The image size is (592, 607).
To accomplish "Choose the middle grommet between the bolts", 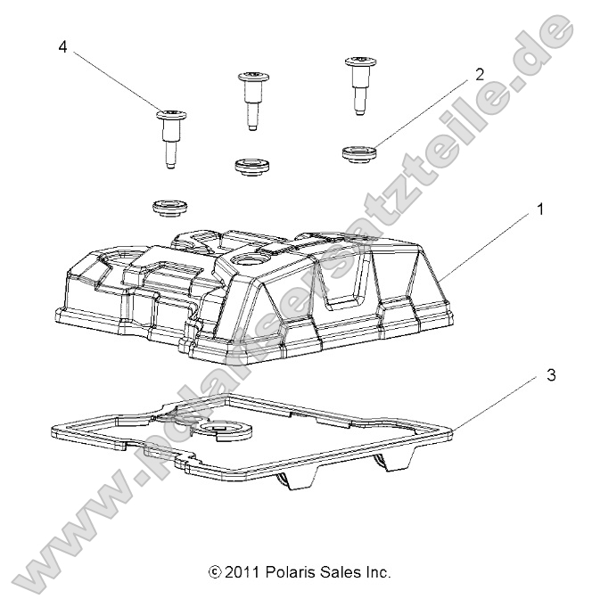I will [251, 166].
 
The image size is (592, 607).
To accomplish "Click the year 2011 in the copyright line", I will [243, 572].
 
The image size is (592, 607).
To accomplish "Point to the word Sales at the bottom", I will [341, 572].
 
